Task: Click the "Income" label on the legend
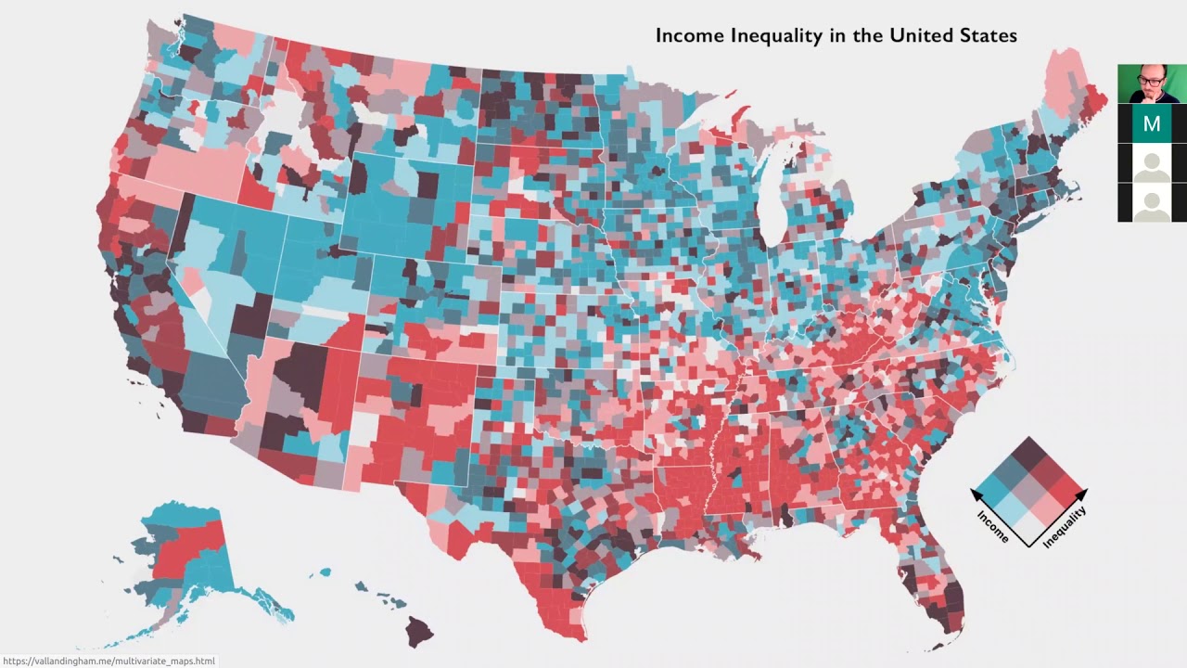point(993,524)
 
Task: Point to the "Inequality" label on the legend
point(1065,527)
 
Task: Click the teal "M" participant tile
point(1152,123)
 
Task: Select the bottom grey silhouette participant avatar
point(1152,202)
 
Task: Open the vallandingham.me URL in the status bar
point(109,661)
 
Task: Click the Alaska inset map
point(185,566)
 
